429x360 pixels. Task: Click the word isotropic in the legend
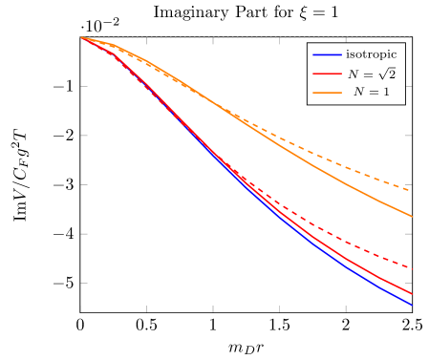(371, 54)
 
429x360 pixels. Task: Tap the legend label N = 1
(371, 92)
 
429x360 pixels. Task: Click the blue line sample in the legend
(328, 54)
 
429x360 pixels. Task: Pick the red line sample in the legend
(328, 74)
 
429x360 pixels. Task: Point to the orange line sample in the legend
(328, 93)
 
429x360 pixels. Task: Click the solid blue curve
(315, 245)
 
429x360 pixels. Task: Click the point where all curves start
(81, 37)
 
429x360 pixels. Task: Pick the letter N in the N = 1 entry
(359, 92)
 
